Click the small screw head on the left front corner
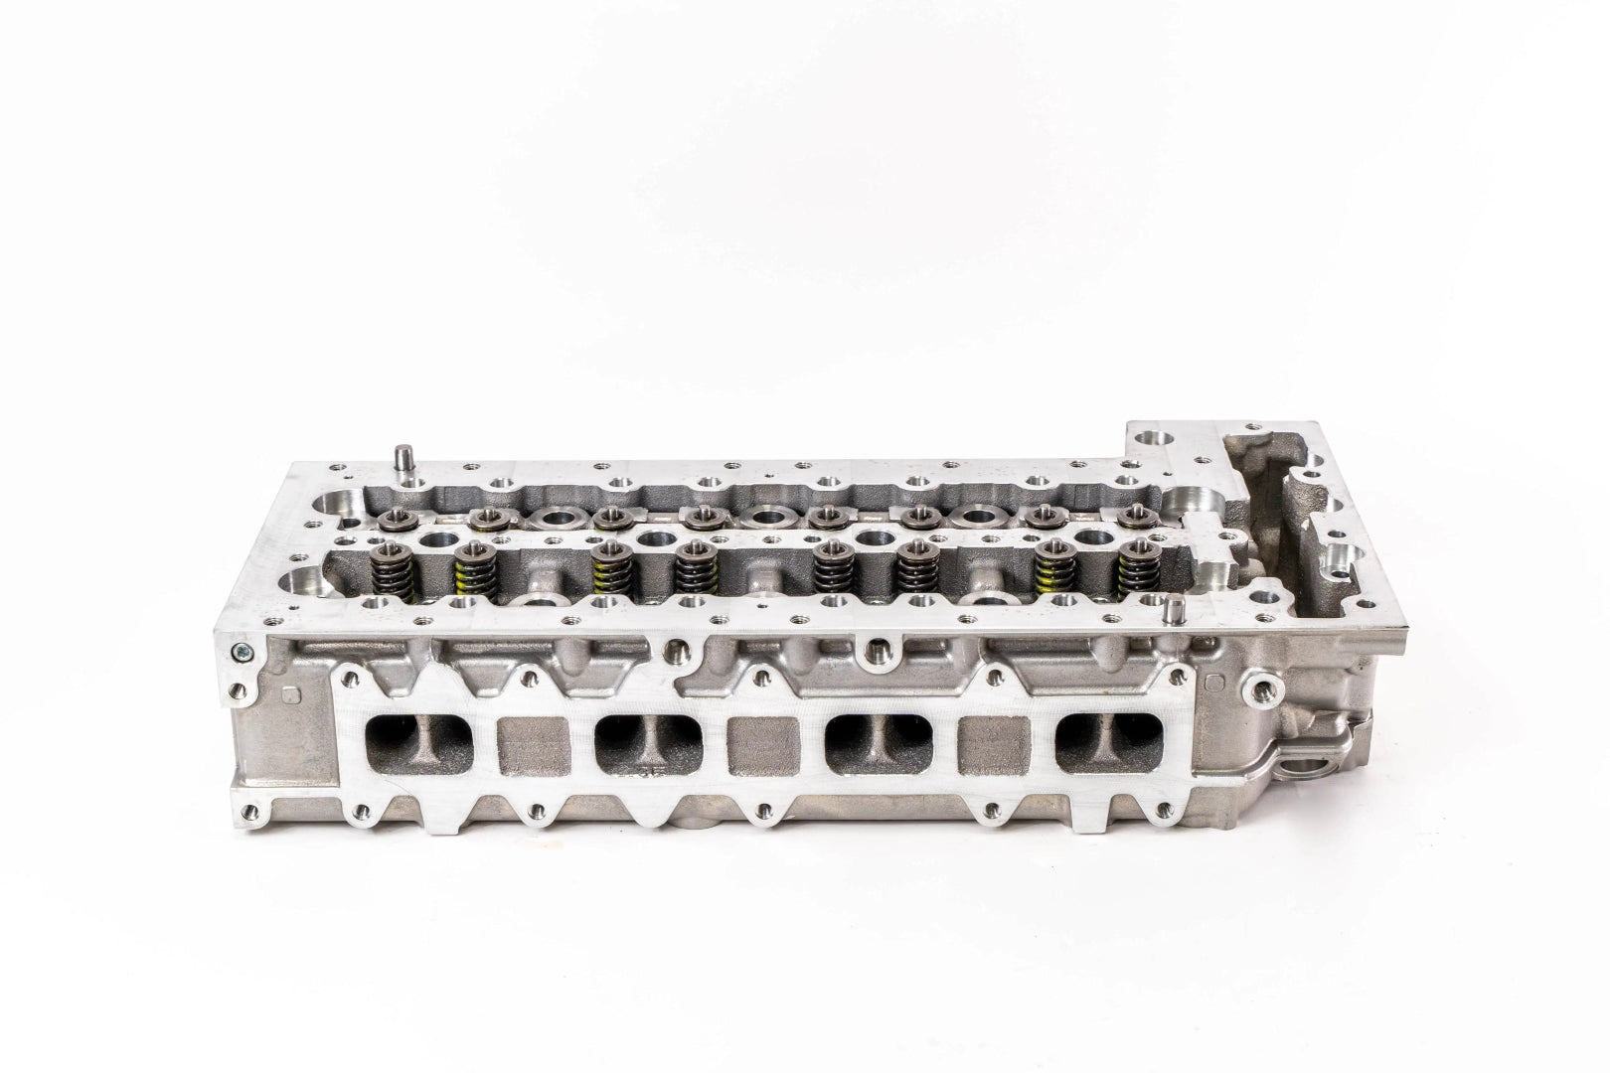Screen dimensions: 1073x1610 point(239,653)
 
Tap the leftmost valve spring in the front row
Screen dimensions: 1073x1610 point(387,570)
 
